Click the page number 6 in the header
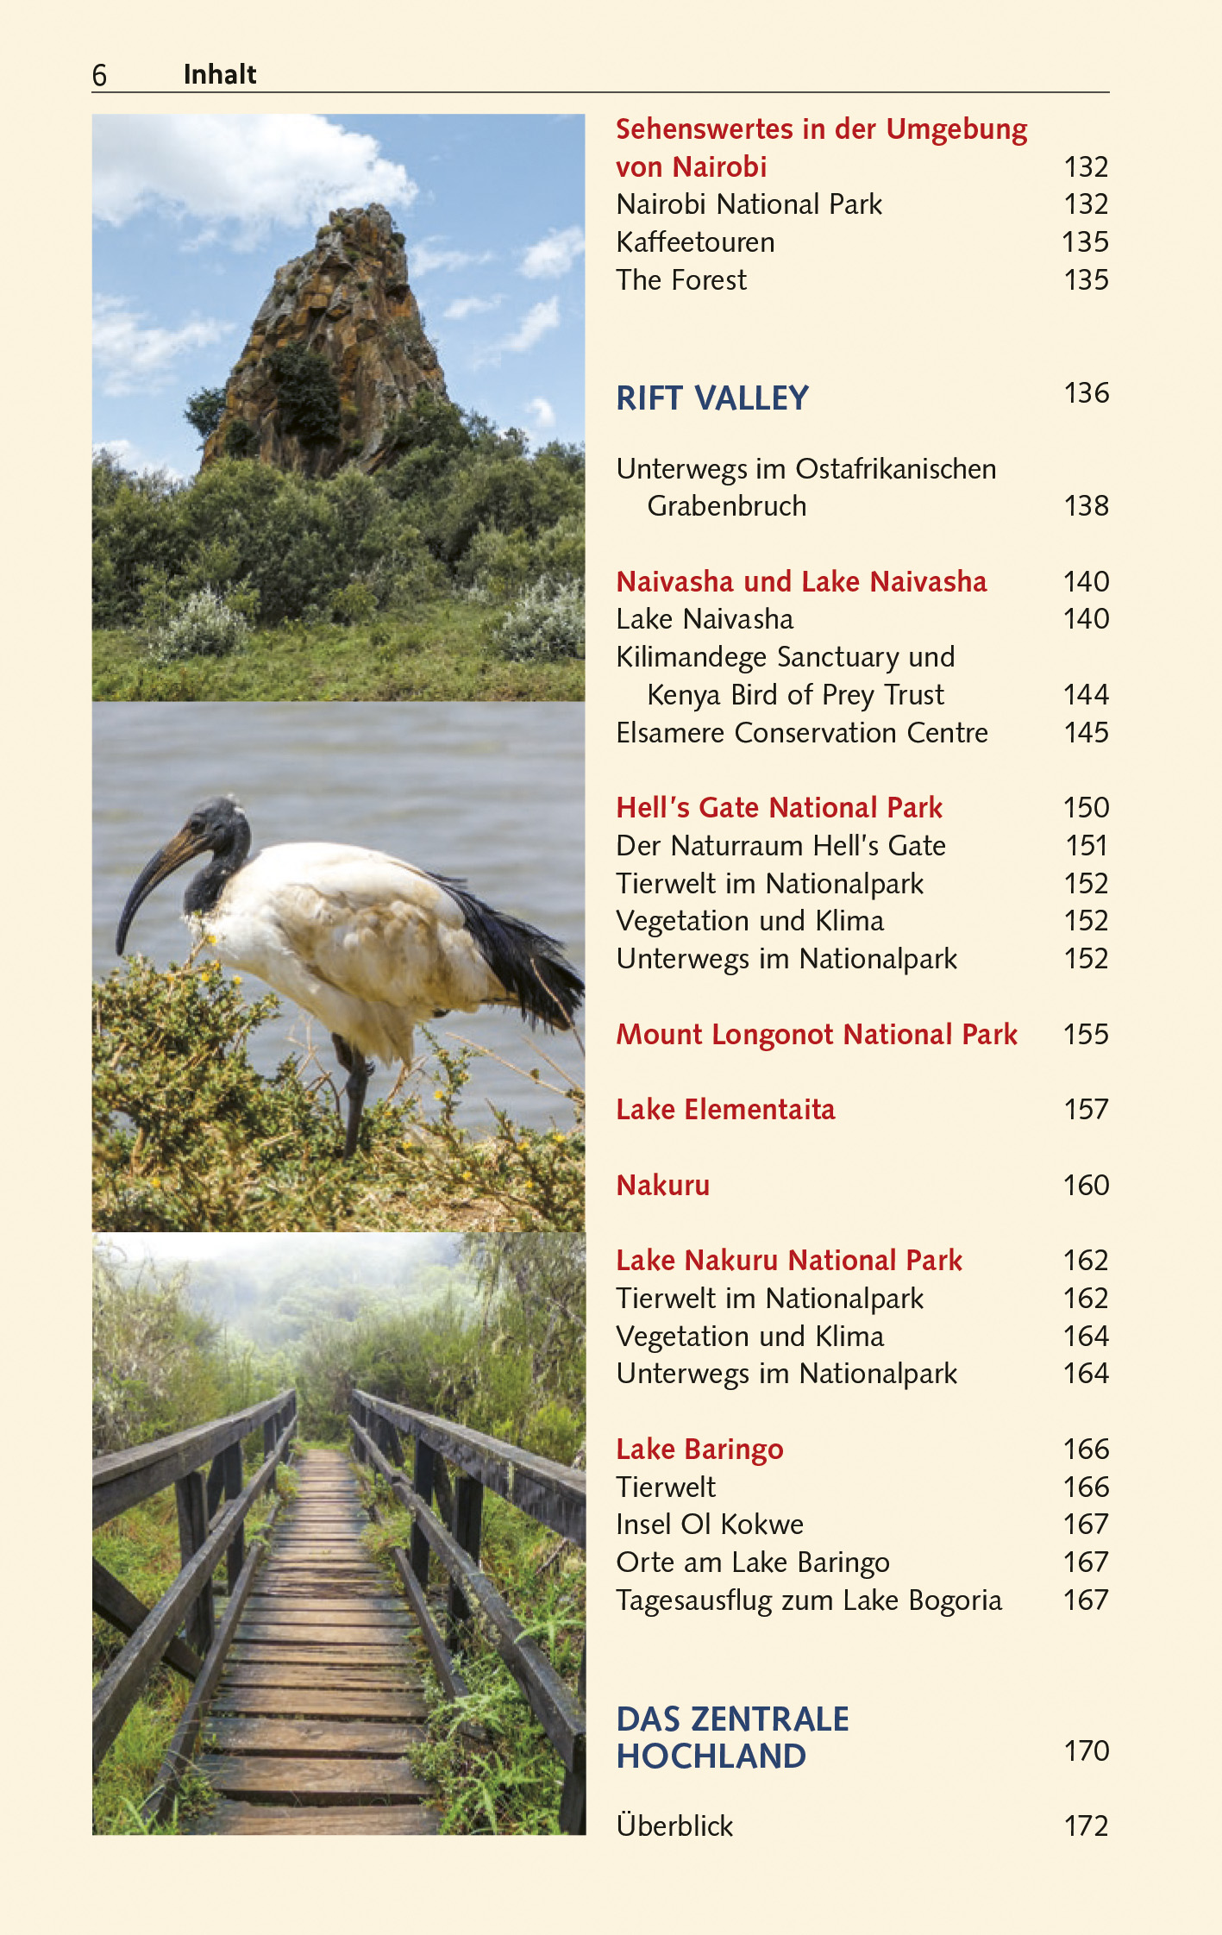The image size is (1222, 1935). (99, 76)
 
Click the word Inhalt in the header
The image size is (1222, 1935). (220, 75)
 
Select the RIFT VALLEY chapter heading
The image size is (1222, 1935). (712, 398)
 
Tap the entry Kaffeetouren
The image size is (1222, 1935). (695, 242)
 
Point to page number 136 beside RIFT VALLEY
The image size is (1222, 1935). (1086, 393)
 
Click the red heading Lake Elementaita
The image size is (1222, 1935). (725, 1110)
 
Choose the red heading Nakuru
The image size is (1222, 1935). (662, 1186)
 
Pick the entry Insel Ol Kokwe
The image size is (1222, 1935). (709, 1525)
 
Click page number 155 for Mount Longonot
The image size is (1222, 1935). (1086, 1035)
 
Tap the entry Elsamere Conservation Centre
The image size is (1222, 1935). (802, 733)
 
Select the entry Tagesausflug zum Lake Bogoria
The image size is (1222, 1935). (809, 1600)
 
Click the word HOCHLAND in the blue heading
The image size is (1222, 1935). (711, 1757)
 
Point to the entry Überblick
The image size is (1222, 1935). (674, 1826)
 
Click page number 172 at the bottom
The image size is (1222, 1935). (1086, 1826)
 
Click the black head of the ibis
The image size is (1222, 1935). (220, 823)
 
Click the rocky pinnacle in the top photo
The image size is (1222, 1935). (336, 328)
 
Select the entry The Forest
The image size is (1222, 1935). (681, 280)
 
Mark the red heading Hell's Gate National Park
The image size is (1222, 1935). (779, 808)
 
